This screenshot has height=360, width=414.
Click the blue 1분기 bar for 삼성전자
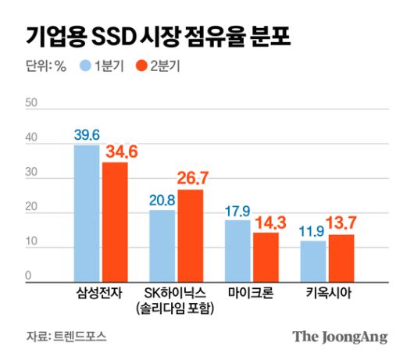point(87,213)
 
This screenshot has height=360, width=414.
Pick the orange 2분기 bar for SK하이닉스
point(190,235)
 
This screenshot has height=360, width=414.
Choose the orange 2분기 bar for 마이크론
point(266,257)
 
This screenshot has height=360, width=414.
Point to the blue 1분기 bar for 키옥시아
point(313,261)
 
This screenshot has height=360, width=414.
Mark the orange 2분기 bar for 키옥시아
point(341,258)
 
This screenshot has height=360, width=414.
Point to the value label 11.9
point(313,231)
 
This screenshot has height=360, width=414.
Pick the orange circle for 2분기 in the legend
point(142,66)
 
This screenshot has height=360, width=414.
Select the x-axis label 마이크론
point(251,294)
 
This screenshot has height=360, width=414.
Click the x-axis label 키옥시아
point(327,294)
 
